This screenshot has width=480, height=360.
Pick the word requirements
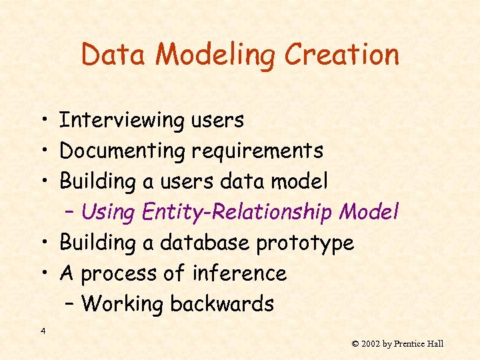click(257, 151)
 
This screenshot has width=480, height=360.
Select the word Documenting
click(123, 151)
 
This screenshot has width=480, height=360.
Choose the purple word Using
click(107, 213)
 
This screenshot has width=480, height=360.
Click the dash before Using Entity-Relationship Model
click(71, 213)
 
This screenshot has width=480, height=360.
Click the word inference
click(239, 273)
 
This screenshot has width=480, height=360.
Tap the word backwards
click(222, 304)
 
